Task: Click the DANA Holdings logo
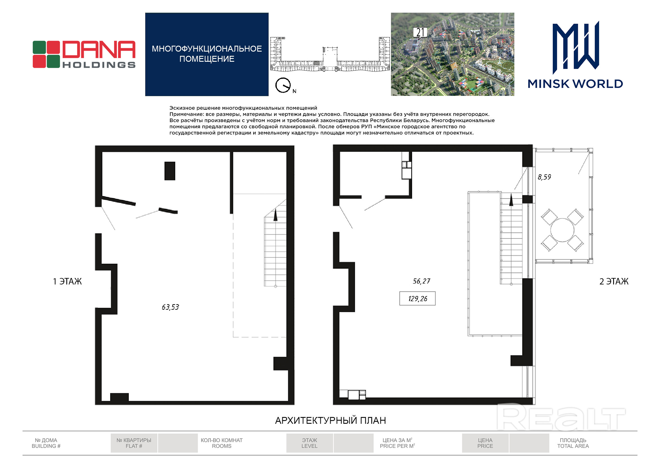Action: click(x=84, y=54)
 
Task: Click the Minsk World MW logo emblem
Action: click(x=576, y=48)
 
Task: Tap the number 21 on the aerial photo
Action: click(x=420, y=32)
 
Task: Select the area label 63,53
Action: click(x=170, y=307)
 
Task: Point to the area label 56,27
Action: click(x=421, y=281)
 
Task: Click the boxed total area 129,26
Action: click(x=418, y=299)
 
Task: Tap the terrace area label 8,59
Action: click(x=545, y=177)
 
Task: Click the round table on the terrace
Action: click(x=562, y=230)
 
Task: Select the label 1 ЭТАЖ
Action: click(x=67, y=281)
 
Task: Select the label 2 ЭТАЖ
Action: click(x=614, y=281)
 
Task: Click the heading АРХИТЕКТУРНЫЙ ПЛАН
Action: click(x=331, y=420)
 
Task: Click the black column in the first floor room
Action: click(x=170, y=171)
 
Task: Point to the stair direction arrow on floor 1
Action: click(x=276, y=215)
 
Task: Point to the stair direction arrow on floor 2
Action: click(x=511, y=200)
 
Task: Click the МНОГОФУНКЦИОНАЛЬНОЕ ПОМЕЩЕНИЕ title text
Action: click(x=207, y=54)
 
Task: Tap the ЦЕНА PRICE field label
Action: click(x=485, y=443)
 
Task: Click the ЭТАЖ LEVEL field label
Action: click(x=310, y=443)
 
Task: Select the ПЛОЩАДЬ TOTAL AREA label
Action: click(x=573, y=443)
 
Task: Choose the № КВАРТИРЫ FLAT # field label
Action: click(x=134, y=443)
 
